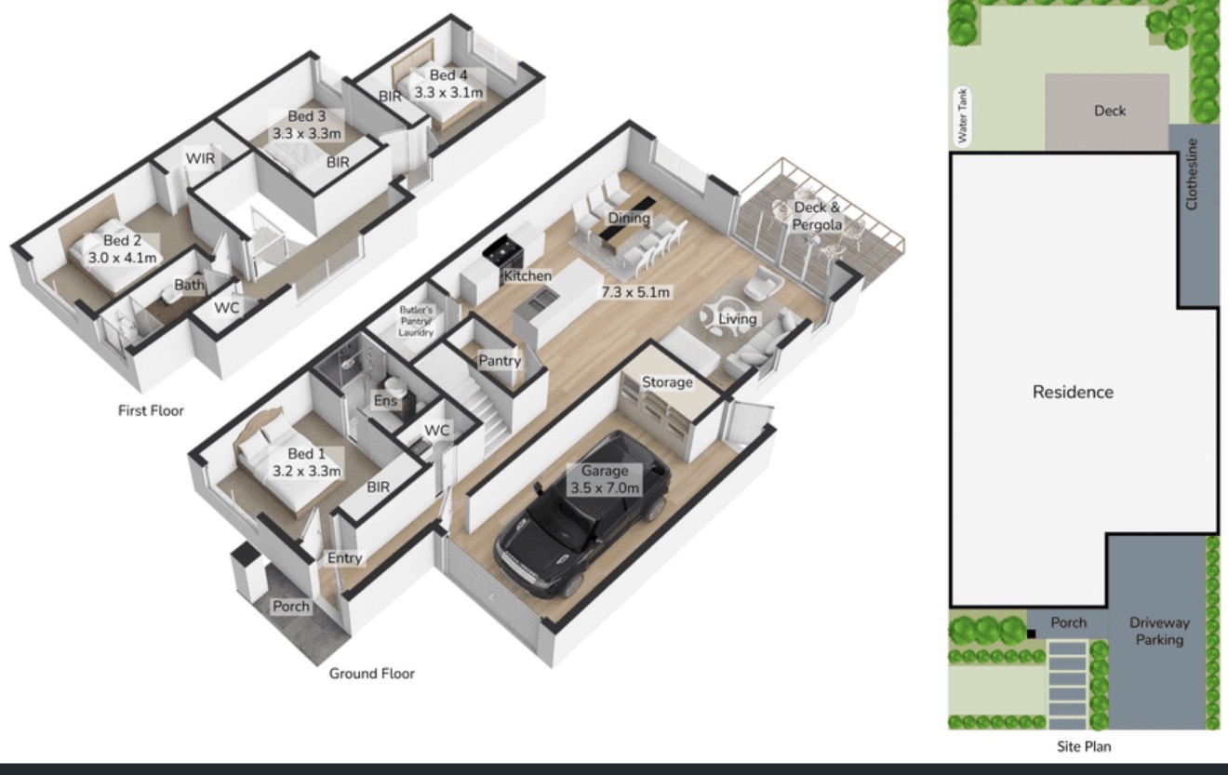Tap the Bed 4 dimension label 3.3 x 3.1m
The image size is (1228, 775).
448,93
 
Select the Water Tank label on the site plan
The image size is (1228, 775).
962,116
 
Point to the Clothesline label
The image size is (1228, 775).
1192,174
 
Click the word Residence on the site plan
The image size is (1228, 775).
1073,392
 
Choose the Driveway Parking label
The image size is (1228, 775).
1159,631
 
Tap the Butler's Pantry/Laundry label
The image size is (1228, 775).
416,321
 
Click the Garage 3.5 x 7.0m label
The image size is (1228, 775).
605,479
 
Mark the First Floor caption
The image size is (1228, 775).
151,410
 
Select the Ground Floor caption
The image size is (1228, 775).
372,674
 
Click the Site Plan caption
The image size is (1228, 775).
1084,746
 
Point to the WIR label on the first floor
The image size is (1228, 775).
200,158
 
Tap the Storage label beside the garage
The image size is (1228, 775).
667,382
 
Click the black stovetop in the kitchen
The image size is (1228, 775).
503,250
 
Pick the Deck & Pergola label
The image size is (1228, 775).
817,216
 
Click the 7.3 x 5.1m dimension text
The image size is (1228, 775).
635,293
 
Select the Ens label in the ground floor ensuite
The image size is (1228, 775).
385,401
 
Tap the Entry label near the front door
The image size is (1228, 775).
345,558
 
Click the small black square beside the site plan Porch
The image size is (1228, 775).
1031,635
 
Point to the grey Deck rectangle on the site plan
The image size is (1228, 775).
1107,113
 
